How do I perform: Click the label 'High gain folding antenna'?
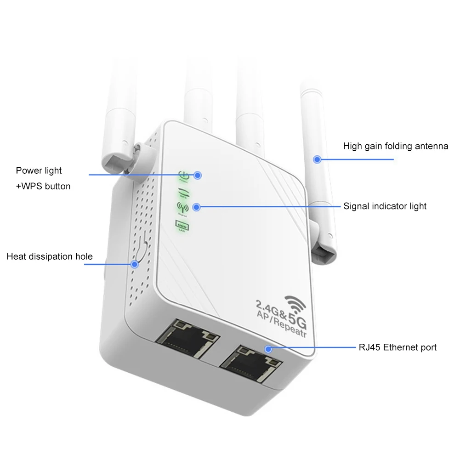click(x=395, y=147)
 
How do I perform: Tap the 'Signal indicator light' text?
click(x=385, y=206)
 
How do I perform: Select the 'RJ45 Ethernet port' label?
click(x=398, y=347)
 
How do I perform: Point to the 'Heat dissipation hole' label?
click(x=50, y=256)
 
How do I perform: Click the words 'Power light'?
click(x=39, y=170)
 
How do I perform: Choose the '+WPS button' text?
click(x=43, y=186)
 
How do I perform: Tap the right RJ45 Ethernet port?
click(x=250, y=361)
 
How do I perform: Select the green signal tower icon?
click(x=180, y=207)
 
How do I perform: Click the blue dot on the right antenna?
click(x=317, y=159)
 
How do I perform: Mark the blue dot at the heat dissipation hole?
click(x=135, y=264)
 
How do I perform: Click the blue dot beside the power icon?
click(x=198, y=175)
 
